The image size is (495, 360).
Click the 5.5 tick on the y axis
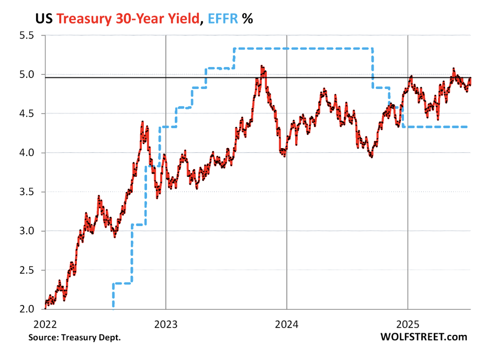click(26, 36)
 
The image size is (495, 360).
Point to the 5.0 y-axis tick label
click(26, 75)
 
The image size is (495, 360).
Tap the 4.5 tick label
click(26, 114)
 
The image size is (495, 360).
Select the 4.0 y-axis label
click(26, 153)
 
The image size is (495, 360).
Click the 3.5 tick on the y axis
click(26, 192)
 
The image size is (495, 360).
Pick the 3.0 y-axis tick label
click(26, 231)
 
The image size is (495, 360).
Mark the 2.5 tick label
click(26, 271)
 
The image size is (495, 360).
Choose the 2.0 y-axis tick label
click(26, 309)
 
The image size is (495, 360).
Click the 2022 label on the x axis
click(45, 323)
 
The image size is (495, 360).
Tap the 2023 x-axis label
click(166, 323)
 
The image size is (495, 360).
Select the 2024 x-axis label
click(287, 323)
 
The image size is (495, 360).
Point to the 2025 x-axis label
click(408, 323)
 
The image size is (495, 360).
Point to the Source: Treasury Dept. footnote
click(74, 337)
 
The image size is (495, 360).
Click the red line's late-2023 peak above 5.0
click(262, 66)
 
